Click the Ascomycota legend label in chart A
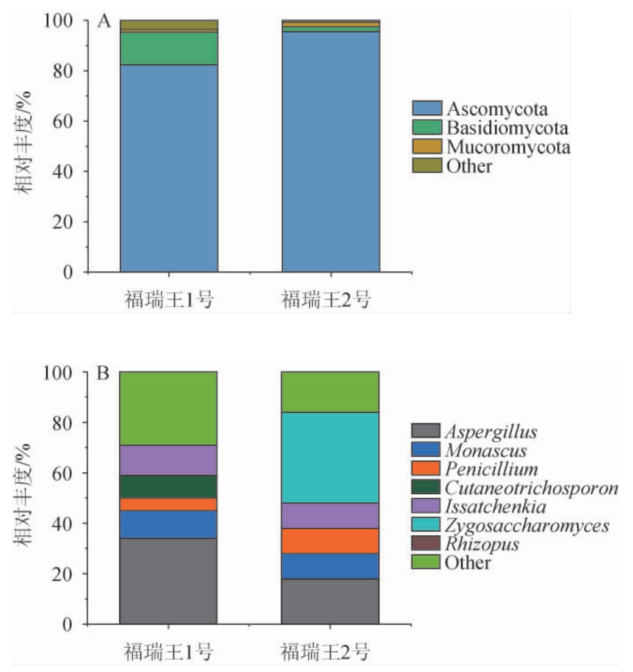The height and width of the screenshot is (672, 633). click(x=497, y=110)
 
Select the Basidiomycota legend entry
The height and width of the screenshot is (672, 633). click(x=507, y=128)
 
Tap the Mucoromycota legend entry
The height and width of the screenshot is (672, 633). click(x=508, y=147)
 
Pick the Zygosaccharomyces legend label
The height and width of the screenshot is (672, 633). click(x=526, y=525)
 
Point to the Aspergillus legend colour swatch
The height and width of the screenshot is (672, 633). click(x=426, y=432)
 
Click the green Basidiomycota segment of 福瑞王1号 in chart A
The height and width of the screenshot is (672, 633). click(x=169, y=49)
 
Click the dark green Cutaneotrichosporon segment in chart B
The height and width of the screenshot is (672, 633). click(x=168, y=487)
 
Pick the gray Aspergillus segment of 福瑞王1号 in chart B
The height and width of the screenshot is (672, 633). click(x=168, y=581)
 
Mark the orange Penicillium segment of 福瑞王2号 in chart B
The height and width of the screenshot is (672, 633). click(x=330, y=541)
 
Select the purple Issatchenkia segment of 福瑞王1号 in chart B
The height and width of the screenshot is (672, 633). click(x=168, y=460)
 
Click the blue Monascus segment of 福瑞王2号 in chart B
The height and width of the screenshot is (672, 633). click(x=330, y=566)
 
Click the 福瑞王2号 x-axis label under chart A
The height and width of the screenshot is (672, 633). click(x=326, y=300)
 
